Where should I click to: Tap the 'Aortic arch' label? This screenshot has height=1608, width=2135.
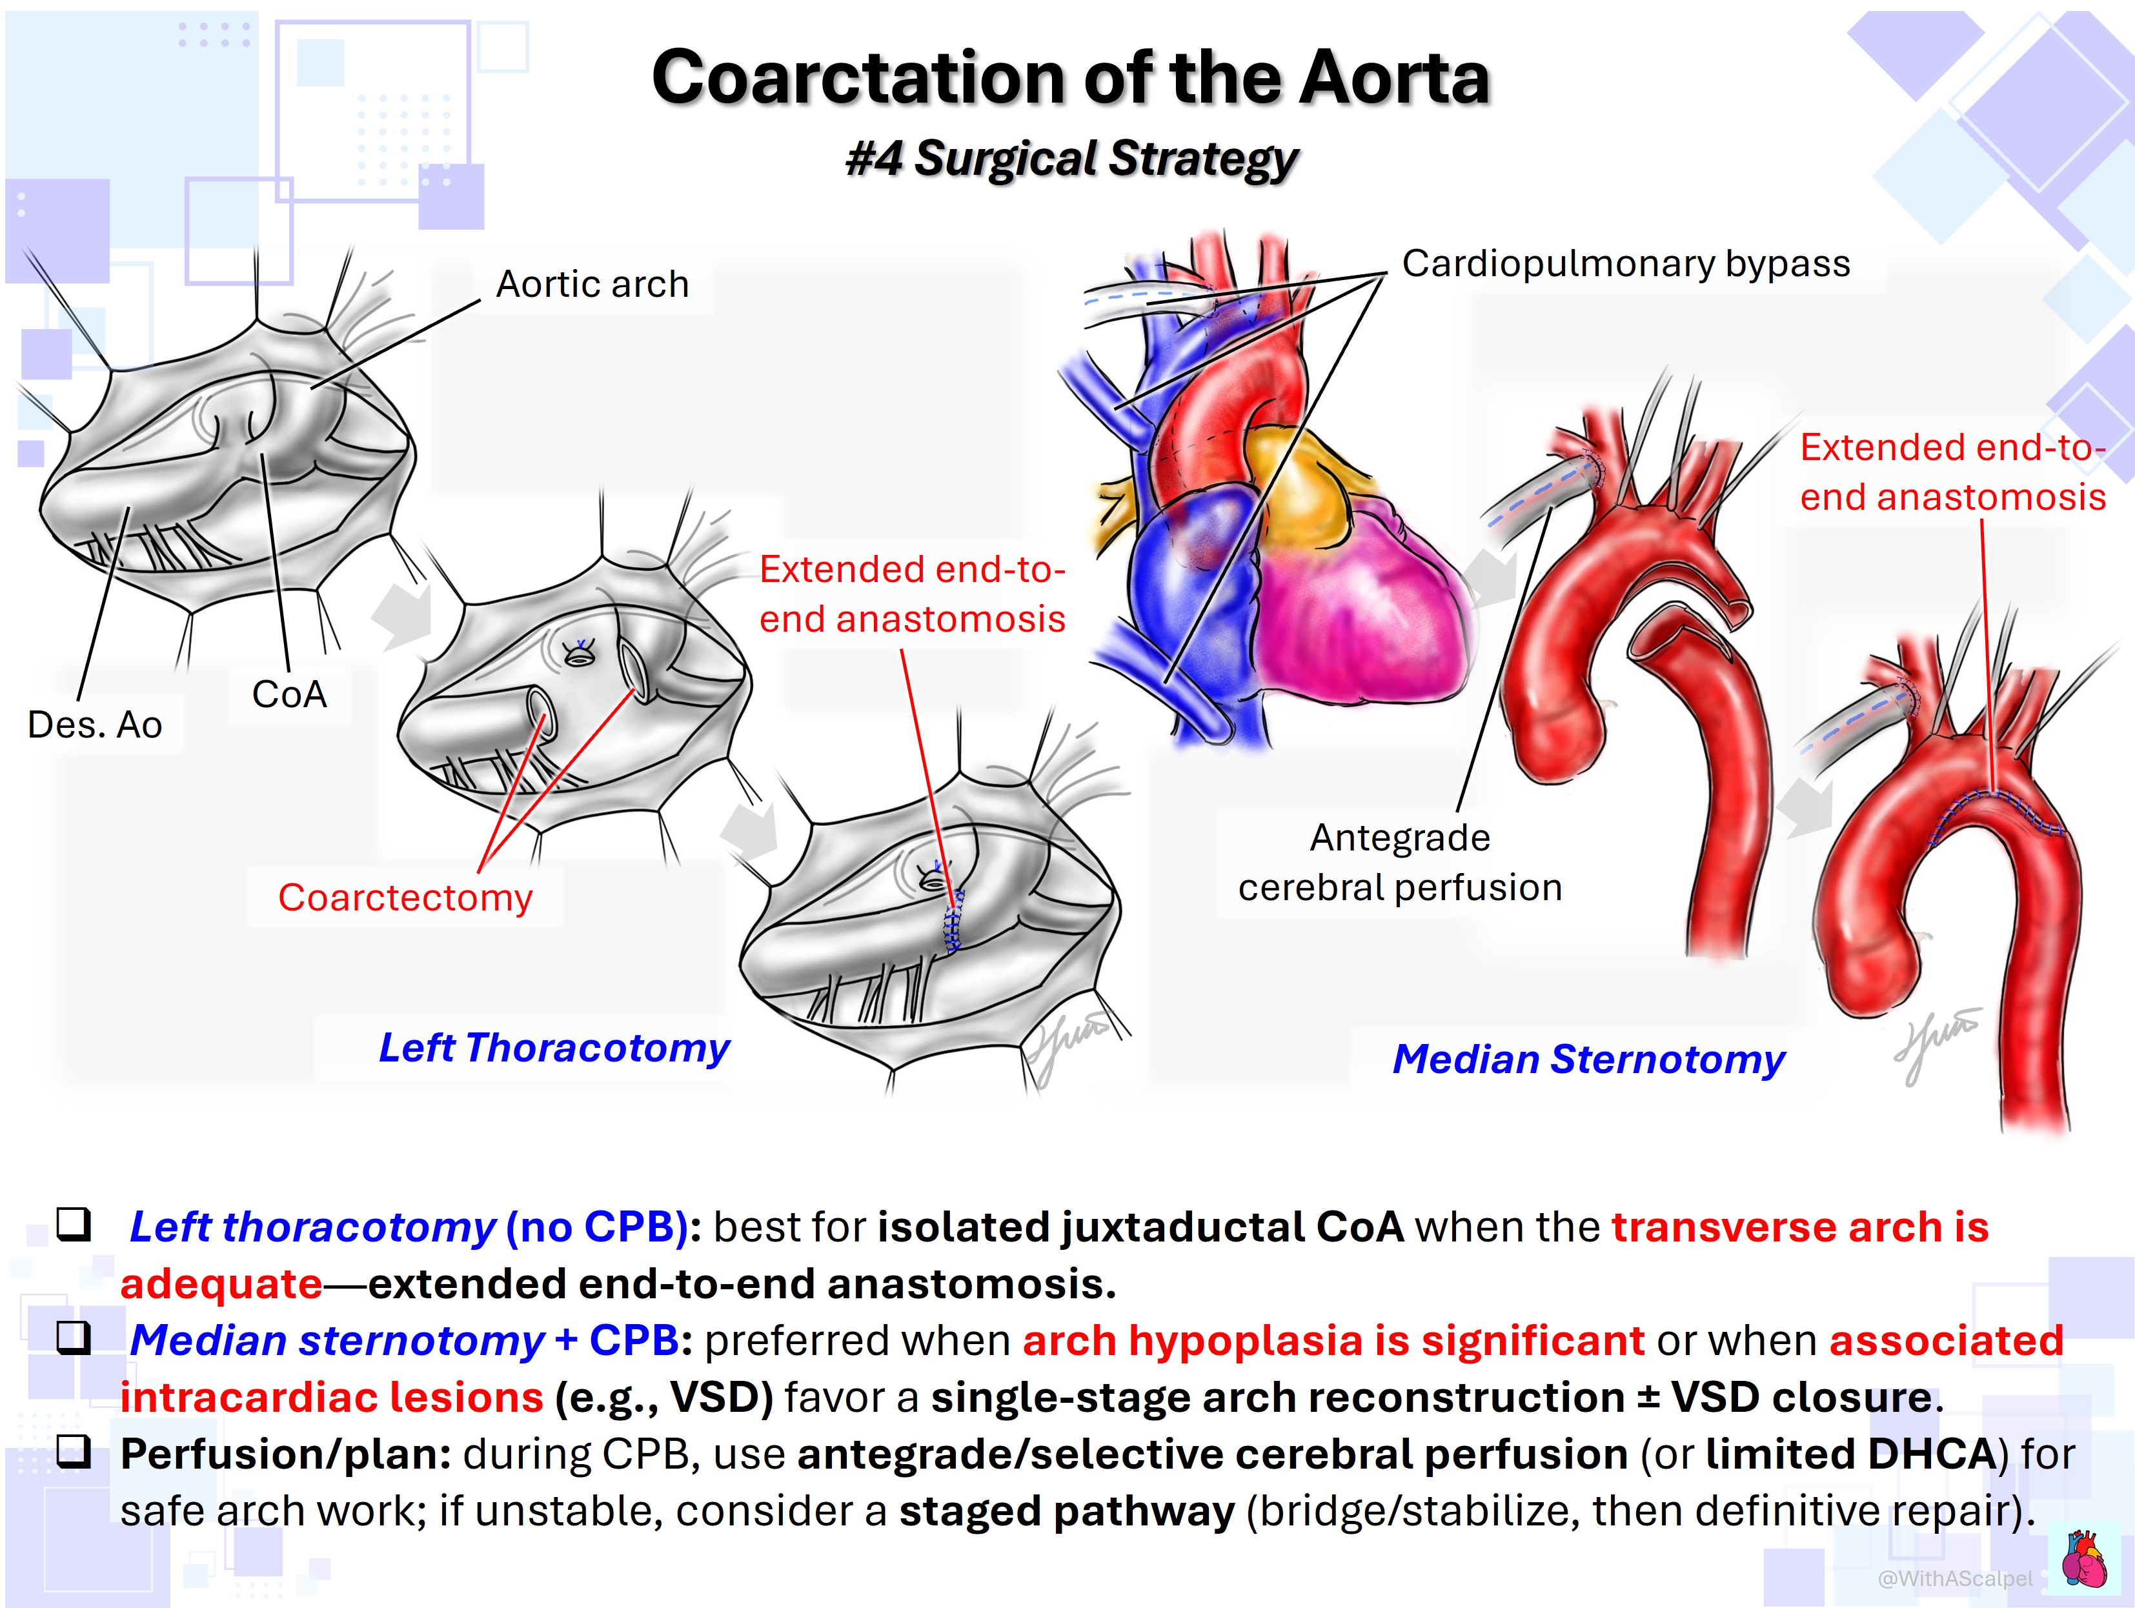(x=592, y=284)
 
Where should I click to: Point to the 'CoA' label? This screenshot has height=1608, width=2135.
(x=290, y=694)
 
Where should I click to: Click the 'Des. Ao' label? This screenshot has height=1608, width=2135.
(x=95, y=725)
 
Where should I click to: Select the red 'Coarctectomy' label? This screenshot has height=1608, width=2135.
(x=405, y=898)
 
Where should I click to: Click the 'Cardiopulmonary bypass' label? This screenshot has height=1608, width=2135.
(x=1626, y=263)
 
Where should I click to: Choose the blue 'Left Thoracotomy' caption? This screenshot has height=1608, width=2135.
(x=554, y=1048)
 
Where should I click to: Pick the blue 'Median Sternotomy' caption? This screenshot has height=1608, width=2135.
(x=1589, y=1059)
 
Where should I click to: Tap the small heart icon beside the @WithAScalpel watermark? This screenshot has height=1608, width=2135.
(x=2085, y=1559)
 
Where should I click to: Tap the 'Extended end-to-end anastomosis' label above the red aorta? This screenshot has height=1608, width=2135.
(x=1952, y=472)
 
